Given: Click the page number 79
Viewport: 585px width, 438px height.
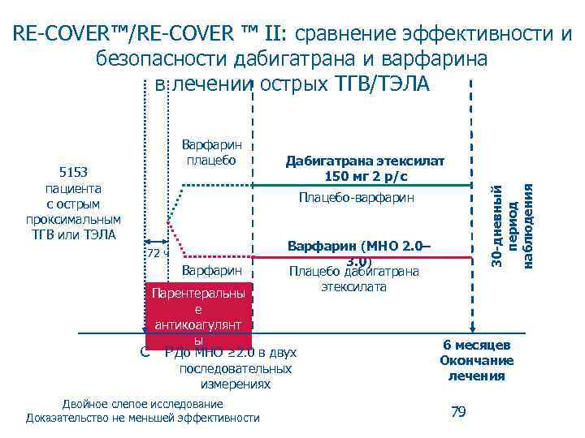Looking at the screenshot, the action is tap(458, 412).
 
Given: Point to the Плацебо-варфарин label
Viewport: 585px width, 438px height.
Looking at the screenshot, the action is tap(356, 197).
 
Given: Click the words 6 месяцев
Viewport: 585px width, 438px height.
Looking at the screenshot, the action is tap(477, 345).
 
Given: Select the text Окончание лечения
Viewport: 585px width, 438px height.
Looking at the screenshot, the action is tap(477, 368).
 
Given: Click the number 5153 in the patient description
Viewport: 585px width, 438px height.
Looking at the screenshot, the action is tap(73, 173).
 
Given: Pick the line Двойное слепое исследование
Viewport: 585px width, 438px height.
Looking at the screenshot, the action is tap(143, 403).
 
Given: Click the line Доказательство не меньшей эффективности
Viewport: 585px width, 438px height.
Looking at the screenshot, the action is tap(143, 418).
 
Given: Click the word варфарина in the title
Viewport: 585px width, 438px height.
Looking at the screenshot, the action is tap(429, 59).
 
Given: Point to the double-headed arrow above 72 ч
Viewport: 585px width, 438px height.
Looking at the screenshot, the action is tap(156, 241).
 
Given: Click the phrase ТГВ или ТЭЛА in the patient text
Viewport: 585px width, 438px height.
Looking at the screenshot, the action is tap(73, 234).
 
